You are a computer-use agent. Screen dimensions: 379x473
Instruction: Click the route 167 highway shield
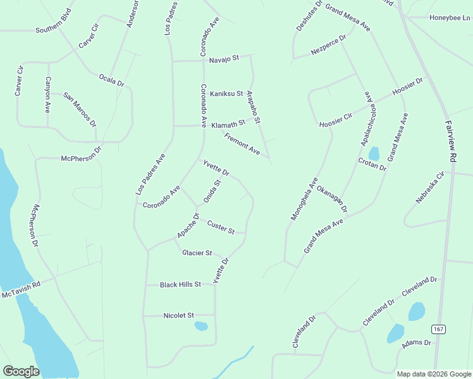click(x=439, y=329)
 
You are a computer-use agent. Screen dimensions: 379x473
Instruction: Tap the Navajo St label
click(x=224, y=58)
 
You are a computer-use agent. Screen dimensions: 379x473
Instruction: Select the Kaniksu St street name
click(x=226, y=93)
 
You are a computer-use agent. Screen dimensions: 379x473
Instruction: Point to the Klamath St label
click(x=228, y=123)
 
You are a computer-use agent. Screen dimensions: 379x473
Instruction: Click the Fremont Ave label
click(x=242, y=143)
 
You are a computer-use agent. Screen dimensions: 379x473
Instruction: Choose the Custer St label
click(x=221, y=226)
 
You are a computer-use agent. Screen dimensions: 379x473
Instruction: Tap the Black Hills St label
click(x=180, y=285)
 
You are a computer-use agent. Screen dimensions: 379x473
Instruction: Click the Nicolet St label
click(x=178, y=315)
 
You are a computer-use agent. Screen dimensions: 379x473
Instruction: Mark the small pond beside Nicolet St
click(x=200, y=326)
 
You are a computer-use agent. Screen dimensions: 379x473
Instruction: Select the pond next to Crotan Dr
click(x=374, y=153)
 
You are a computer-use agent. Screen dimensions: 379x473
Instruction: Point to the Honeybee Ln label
click(x=450, y=18)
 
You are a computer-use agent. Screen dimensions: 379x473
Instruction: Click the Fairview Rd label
click(x=450, y=142)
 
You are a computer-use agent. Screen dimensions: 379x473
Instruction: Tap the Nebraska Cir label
click(x=431, y=188)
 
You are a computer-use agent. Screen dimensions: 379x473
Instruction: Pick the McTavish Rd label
click(x=21, y=291)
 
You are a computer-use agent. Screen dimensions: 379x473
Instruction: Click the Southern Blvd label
click(x=54, y=30)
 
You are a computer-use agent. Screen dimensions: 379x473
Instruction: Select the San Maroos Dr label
click(x=79, y=109)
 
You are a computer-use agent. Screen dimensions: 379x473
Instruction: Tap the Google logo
click(x=21, y=371)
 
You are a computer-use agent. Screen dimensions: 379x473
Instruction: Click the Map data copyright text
click(x=433, y=374)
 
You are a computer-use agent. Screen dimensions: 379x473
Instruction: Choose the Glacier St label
click(x=197, y=253)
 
